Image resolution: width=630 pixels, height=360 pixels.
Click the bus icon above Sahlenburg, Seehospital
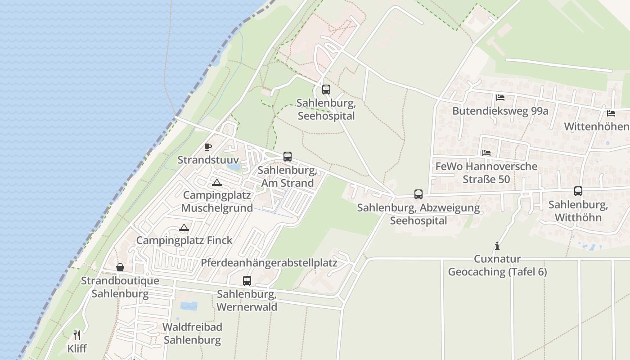(326, 89)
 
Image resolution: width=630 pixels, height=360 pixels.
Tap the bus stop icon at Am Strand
(288, 157)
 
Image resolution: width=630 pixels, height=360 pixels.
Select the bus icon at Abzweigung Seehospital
(418, 194)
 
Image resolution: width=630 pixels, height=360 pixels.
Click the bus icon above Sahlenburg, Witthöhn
(578, 191)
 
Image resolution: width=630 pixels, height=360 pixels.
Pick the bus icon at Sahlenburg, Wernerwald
(247, 281)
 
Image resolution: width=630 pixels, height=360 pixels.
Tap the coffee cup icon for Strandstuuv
(208, 147)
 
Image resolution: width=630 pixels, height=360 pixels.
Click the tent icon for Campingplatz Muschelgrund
(217, 182)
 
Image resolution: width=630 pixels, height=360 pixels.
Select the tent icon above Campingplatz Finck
(184, 227)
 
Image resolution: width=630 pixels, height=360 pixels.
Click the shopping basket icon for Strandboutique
(120, 267)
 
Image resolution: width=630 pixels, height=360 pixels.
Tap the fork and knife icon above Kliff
(77, 335)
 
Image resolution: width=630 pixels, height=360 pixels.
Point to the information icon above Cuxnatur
(497, 246)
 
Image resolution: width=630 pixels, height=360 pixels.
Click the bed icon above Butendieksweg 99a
(500, 98)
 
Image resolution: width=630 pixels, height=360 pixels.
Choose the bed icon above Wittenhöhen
(611, 113)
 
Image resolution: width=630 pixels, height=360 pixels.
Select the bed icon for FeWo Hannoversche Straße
(486, 153)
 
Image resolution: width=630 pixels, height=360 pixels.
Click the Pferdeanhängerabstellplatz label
(269, 263)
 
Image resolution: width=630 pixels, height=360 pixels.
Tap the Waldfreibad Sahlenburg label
(193, 333)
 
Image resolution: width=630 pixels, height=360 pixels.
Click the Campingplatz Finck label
(184, 240)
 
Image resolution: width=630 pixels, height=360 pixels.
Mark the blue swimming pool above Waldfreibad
(189, 306)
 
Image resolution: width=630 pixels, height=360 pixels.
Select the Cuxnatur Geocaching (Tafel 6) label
(497, 265)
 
